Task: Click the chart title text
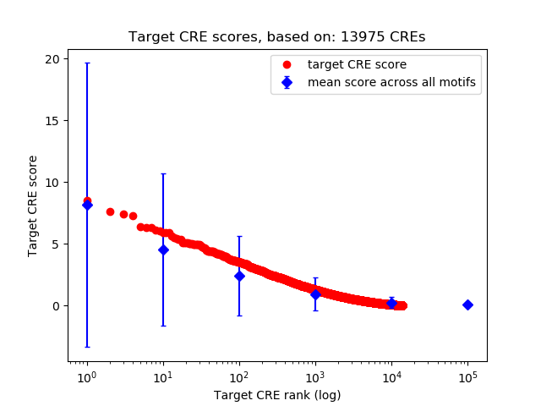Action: point(277,37)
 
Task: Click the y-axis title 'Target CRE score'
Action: point(33,206)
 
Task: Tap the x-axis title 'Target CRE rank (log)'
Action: point(277,395)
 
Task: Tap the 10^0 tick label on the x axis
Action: point(86,376)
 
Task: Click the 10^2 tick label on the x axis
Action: point(239,376)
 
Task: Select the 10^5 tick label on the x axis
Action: point(467,376)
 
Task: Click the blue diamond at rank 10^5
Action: point(467,304)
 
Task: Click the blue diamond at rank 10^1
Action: point(163,250)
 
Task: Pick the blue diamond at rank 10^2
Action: point(239,276)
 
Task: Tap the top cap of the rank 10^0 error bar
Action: point(87,63)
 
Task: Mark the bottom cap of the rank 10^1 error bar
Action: point(163,326)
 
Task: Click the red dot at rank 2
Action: point(110,211)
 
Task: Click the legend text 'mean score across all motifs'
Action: point(391,82)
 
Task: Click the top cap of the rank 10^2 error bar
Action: point(239,237)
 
